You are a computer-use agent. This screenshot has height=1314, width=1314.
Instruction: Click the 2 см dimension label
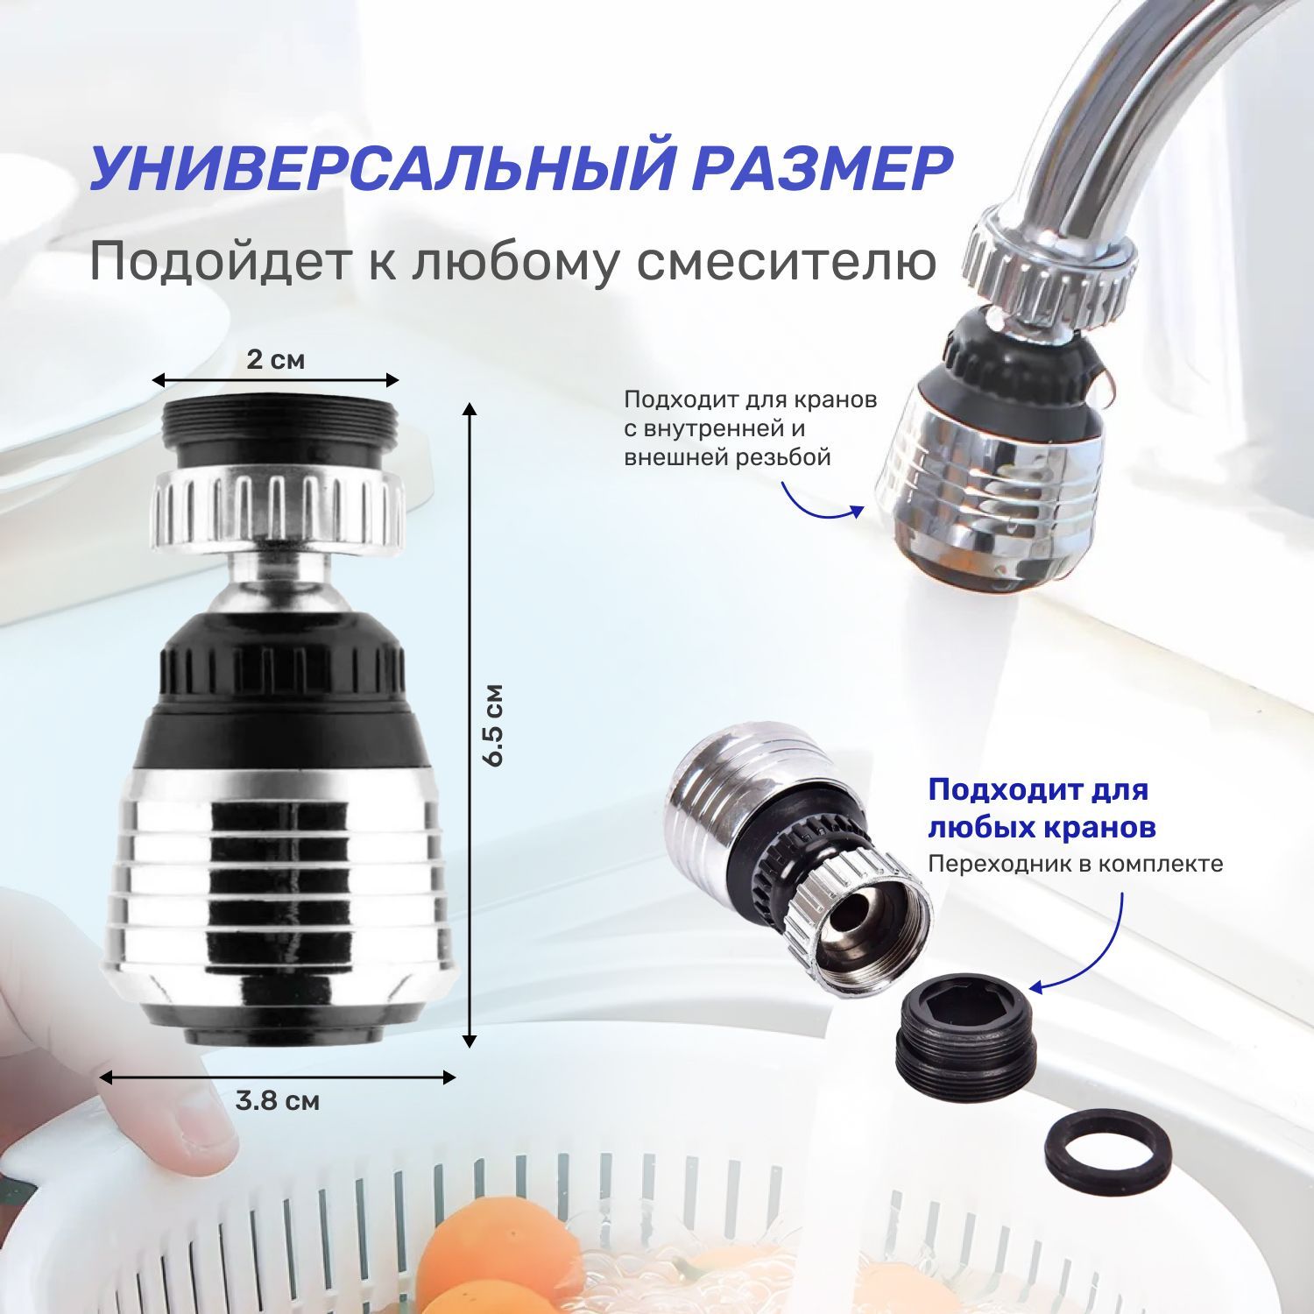click(276, 359)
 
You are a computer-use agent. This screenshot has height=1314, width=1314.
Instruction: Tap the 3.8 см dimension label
click(278, 1100)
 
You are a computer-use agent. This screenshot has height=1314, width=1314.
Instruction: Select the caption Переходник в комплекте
click(1075, 865)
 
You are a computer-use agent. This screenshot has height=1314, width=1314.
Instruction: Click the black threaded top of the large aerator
click(281, 431)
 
